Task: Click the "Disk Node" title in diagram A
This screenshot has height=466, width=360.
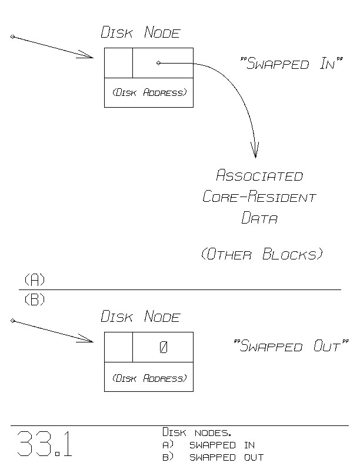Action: point(140,33)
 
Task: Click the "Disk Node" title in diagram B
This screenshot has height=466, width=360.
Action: point(140,317)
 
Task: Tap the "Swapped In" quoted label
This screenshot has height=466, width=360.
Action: point(292,64)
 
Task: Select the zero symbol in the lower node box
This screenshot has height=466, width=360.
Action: point(164,348)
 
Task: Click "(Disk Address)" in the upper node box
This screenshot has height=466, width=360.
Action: point(149,93)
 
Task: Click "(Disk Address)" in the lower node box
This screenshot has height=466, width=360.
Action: point(149,378)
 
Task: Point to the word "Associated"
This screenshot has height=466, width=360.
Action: point(259,175)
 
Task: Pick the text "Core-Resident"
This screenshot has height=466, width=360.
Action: point(259,197)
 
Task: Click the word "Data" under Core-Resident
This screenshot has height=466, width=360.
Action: point(259,218)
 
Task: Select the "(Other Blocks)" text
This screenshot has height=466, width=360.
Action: point(262,254)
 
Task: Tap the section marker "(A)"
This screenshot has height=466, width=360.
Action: point(35,279)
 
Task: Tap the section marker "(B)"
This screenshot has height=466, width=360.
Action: point(35,300)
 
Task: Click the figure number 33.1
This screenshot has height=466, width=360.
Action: point(45,445)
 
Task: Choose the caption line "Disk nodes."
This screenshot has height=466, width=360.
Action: point(197,433)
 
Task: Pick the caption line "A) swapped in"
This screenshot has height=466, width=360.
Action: point(208,445)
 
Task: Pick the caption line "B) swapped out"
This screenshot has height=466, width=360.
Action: point(213,457)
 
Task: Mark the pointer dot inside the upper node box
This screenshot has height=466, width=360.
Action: point(159,63)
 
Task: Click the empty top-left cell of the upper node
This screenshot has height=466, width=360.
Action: point(118,63)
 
